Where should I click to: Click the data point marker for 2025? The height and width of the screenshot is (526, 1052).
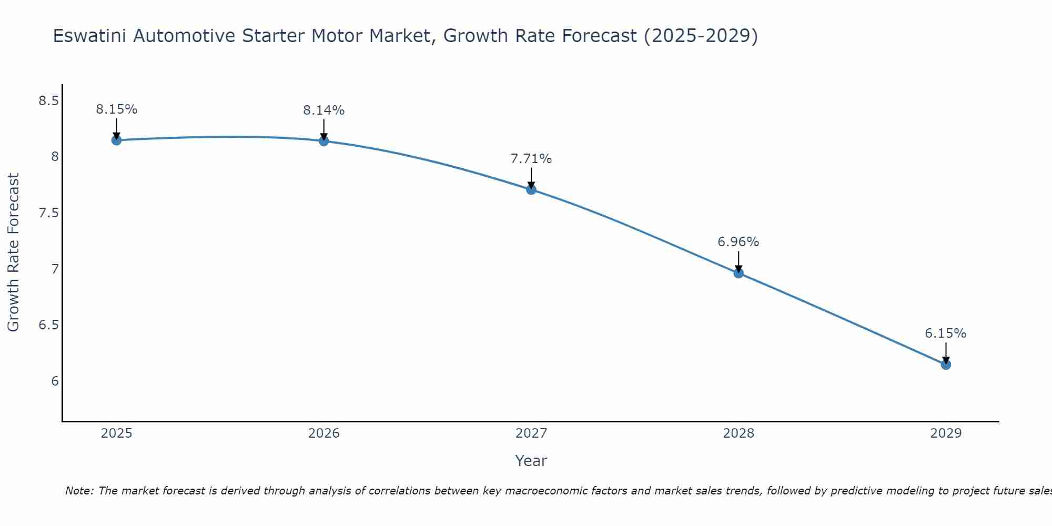pyautogui.click(x=116, y=140)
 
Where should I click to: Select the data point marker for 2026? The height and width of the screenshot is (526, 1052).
pyautogui.click(x=323, y=141)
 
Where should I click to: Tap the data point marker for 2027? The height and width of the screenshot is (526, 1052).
pyautogui.click(x=531, y=189)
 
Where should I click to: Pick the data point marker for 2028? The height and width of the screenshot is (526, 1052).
pyautogui.click(x=738, y=273)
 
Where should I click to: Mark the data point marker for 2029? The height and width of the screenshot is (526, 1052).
pyautogui.click(x=945, y=365)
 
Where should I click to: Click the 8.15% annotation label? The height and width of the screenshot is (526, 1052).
pyautogui.click(x=116, y=109)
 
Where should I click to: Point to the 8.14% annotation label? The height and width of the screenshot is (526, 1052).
pyautogui.click(x=323, y=110)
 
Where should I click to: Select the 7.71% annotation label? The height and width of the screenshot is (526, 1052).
pyautogui.click(x=531, y=159)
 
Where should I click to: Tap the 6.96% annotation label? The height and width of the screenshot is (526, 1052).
pyautogui.click(x=738, y=242)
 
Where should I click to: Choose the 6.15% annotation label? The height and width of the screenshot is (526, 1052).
pyautogui.click(x=945, y=333)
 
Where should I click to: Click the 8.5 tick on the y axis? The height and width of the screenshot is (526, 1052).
pyautogui.click(x=48, y=101)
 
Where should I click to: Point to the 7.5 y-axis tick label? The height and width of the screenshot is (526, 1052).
pyautogui.click(x=48, y=213)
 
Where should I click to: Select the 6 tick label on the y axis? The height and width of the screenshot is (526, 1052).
pyautogui.click(x=55, y=381)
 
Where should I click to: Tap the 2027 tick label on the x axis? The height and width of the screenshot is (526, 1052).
pyautogui.click(x=531, y=433)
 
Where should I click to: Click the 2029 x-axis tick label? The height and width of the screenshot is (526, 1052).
pyautogui.click(x=945, y=433)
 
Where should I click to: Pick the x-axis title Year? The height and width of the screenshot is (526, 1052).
pyautogui.click(x=531, y=461)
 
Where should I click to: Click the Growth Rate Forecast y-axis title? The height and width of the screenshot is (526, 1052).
pyautogui.click(x=13, y=252)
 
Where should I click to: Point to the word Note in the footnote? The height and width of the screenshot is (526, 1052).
pyautogui.click(x=79, y=491)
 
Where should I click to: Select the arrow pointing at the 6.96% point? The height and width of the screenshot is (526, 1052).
pyautogui.click(x=738, y=261)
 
